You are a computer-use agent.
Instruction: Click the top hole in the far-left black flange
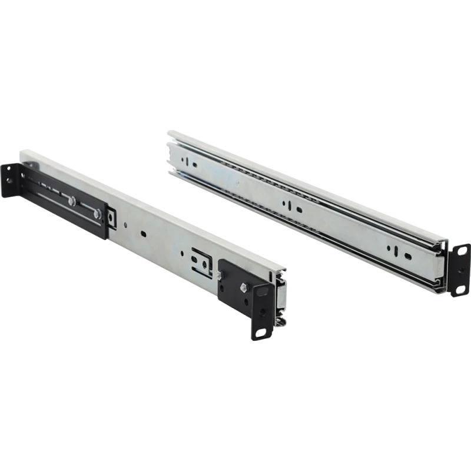tap(9, 168)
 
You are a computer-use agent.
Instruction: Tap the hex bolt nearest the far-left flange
tap(71, 201)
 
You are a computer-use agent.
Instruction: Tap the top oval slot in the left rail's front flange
tap(261, 291)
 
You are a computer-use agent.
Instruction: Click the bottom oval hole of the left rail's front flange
tap(260, 333)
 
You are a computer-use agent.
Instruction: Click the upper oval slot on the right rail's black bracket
tap(462, 252)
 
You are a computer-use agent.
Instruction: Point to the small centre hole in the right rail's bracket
tap(461, 270)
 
